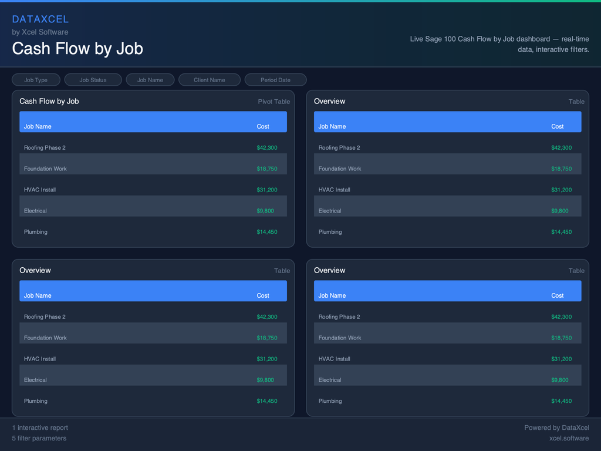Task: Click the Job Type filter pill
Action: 36,80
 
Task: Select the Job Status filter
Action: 93,80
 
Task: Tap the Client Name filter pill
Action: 209,80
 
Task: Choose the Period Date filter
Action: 275,80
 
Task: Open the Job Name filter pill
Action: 150,80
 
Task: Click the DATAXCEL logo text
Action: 40,19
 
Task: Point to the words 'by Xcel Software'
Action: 40,32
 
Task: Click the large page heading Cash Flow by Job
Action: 77,48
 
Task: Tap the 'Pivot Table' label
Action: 274,102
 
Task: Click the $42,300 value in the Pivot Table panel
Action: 266,148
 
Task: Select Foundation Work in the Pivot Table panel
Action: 45,169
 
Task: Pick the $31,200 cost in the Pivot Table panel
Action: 266,190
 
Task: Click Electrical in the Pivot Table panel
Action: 35,211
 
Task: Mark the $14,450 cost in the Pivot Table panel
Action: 266,232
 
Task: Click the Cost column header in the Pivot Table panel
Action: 263,127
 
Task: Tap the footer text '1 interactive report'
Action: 40,428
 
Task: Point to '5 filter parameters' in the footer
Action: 39,438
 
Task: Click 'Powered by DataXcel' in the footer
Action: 556,428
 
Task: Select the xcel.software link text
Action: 569,438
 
